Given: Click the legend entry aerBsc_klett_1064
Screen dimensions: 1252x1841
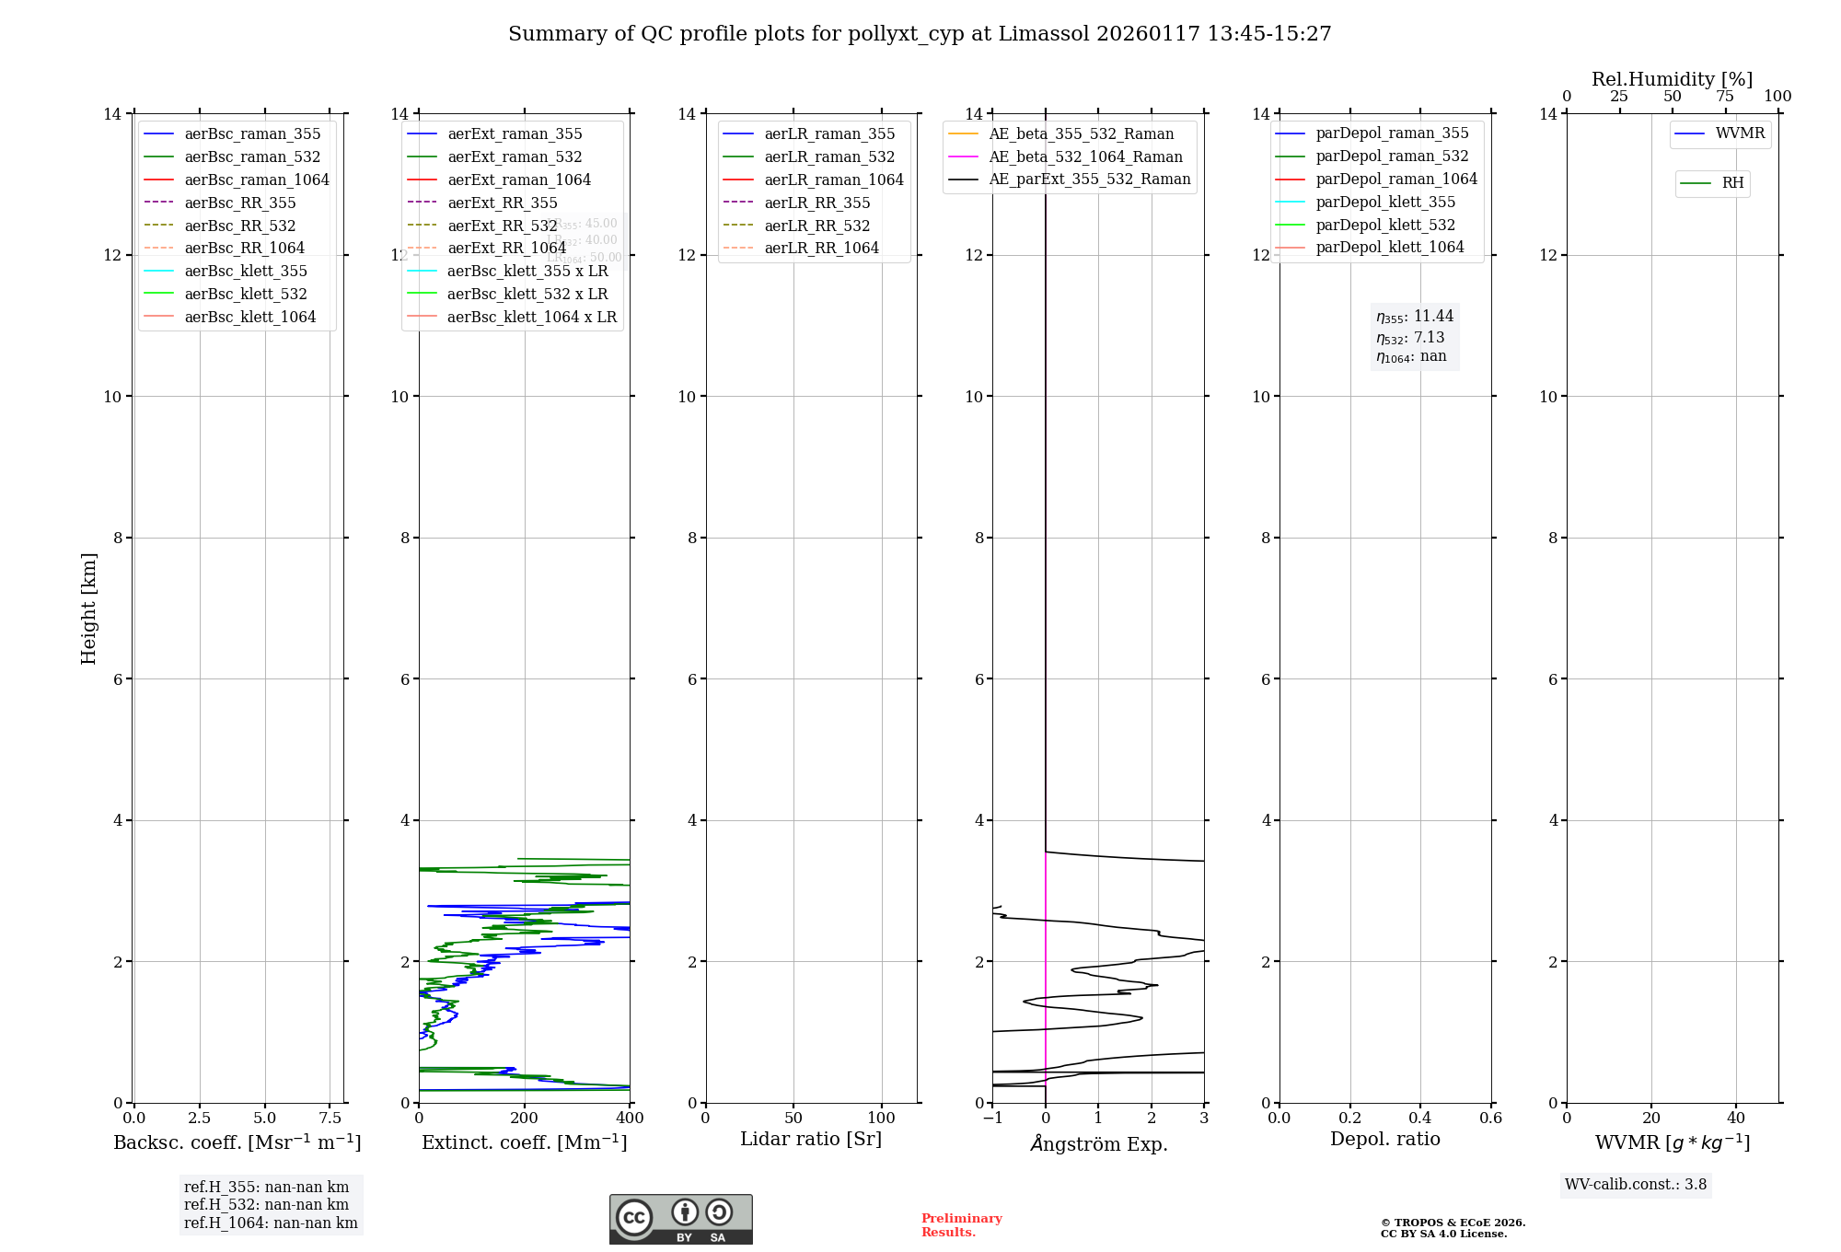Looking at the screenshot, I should [x=249, y=317].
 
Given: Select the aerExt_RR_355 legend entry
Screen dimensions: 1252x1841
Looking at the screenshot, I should [x=502, y=203].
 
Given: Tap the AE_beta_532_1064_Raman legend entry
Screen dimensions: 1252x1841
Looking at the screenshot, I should [x=1085, y=156].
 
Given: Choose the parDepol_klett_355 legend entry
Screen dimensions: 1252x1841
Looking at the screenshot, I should [x=1385, y=202].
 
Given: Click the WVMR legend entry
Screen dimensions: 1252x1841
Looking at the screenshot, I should [x=1740, y=133].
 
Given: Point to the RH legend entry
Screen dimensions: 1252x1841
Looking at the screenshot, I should [x=1732, y=183].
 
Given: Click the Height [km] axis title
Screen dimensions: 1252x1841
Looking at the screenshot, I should [x=88, y=609].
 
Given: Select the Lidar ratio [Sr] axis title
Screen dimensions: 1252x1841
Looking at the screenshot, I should [x=811, y=1139].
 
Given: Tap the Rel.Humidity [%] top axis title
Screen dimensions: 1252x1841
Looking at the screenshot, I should [x=1672, y=79].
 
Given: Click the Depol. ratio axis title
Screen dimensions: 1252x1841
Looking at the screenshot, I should [x=1384, y=1139].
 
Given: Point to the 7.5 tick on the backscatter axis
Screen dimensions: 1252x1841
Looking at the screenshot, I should [x=330, y=1119].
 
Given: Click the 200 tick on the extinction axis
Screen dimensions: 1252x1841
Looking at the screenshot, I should [x=524, y=1119].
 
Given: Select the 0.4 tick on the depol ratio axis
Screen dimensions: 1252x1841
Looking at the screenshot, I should [x=1420, y=1119].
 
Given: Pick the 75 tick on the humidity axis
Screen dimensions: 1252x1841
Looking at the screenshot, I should [x=1725, y=97].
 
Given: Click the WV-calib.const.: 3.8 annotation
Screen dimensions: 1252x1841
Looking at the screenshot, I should [x=1636, y=1185].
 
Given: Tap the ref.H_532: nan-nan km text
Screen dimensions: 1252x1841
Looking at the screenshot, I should [x=266, y=1205].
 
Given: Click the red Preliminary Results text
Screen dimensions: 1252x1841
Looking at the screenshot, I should [x=961, y=1225].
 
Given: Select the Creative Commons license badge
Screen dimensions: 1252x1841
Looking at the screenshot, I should [x=680, y=1220].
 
